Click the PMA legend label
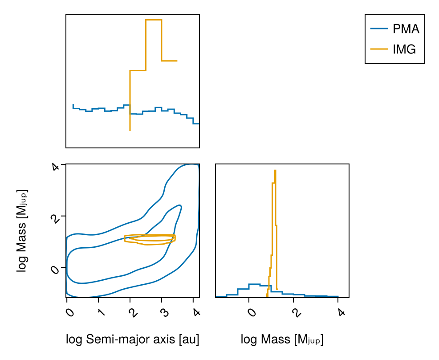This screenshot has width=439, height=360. point(406,29)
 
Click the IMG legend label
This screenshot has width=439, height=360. point(404,49)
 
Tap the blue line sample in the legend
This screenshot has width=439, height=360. point(379,29)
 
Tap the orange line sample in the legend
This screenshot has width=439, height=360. point(379,49)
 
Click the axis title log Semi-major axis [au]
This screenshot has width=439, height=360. point(132,340)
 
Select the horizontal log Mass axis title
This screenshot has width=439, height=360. point(282,340)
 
